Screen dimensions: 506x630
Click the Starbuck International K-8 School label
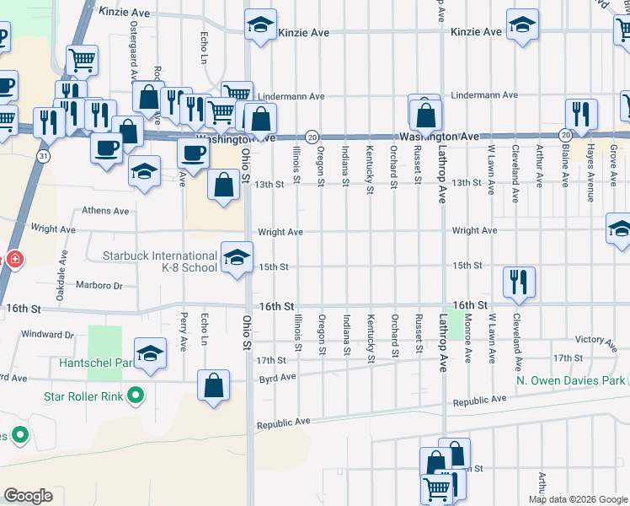point(160,261)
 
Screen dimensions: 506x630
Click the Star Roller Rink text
point(83,395)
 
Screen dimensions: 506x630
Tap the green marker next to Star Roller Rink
point(134,395)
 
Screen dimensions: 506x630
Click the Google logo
point(28,496)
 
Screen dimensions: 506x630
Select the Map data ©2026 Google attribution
point(577,499)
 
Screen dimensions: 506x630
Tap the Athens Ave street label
point(104,211)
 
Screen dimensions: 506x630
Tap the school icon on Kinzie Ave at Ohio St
point(261,25)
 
